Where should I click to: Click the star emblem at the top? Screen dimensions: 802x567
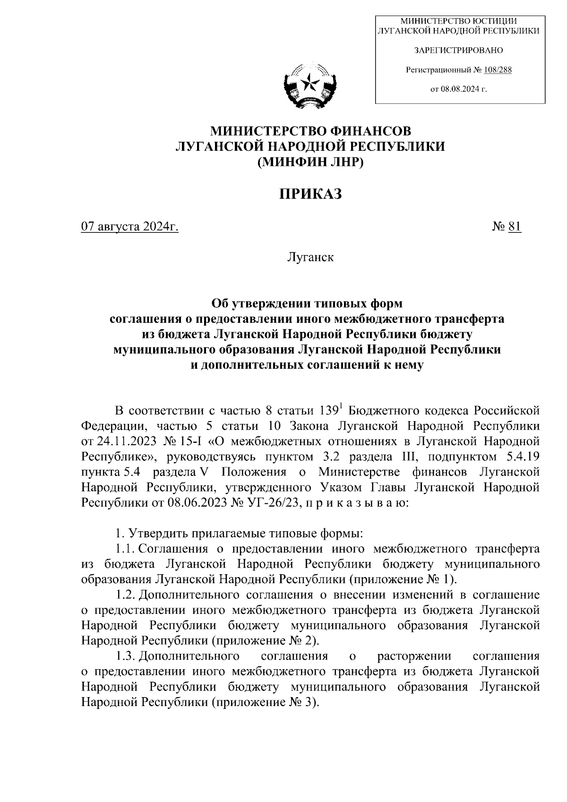click(x=309, y=85)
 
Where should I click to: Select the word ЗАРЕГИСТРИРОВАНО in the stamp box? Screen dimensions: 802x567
click(x=458, y=50)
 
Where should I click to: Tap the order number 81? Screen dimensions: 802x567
click(x=514, y=227)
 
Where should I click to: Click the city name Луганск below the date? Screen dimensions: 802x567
click(x=309, y=258)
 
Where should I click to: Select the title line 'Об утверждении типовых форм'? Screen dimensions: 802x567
click(x=307, y=303)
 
